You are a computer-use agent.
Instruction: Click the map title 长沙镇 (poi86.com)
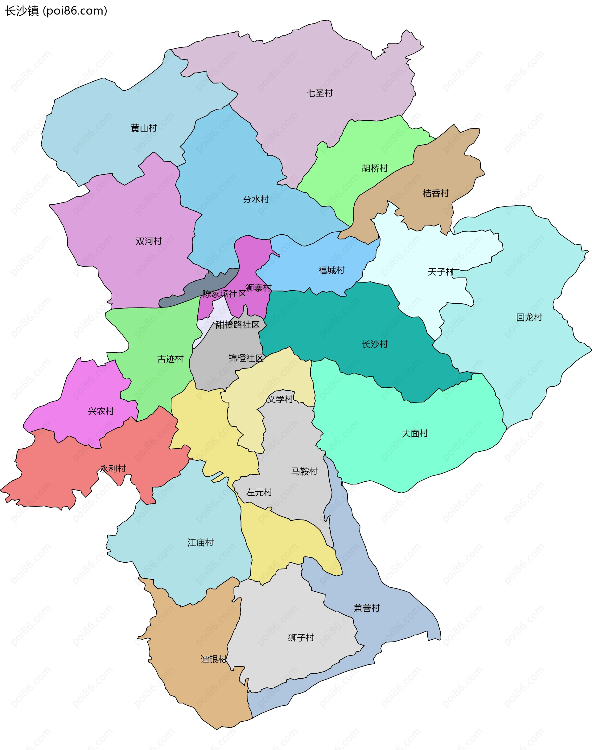pos(56,11)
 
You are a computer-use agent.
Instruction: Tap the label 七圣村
pos(319,93)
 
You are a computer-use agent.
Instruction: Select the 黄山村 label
pos(144,128)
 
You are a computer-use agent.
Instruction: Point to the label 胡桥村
pos(375,168)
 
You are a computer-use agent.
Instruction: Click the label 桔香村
pos(436,193)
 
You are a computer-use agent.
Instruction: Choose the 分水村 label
pos(256,200)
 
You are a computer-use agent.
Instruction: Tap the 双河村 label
pos(149,241)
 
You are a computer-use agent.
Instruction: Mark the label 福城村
pos(331,270)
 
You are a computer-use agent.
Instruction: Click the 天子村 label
pos(441,272)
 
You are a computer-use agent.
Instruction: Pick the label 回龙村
pos(529,317)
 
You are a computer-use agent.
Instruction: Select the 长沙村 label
pos(375,344)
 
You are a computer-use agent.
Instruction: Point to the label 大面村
pos(414,433)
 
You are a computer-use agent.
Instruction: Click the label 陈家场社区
pos(224,294)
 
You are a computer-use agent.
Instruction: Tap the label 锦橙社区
pos(246,358)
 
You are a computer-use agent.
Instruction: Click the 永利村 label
pos(113,469)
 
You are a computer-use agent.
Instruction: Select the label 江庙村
pos(200,543)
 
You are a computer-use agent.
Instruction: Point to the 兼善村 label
pos(367,608)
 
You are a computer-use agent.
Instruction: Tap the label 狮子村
pos(301,638)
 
